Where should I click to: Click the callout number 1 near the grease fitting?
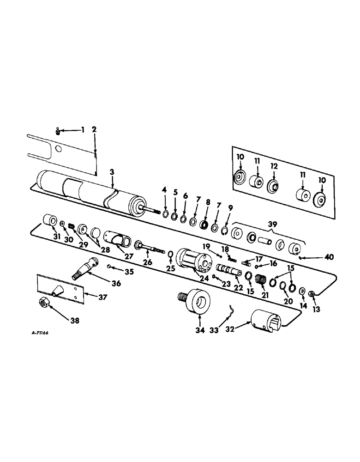(83, 130)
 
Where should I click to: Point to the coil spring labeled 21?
(261, 280)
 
